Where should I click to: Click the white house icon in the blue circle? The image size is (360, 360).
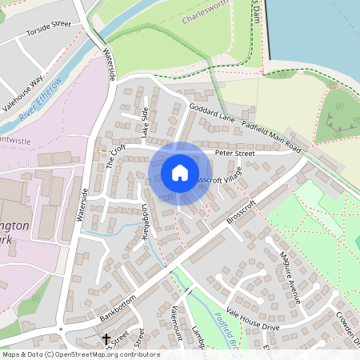coord(180,173)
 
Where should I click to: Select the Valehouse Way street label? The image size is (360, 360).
coord(27,90)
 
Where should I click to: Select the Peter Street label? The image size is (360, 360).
coord(234,153)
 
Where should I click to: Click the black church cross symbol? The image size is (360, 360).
coord(106,339)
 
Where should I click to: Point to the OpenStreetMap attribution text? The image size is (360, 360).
coord(80,354)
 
